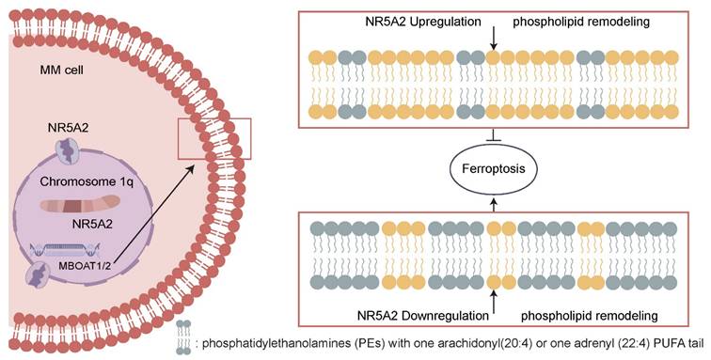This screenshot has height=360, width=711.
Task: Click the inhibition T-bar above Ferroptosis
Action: [494, 141]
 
